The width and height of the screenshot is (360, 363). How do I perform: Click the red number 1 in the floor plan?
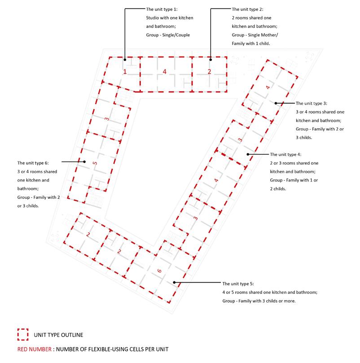[x=125, y=72]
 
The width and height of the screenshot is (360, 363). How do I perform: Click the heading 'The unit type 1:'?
[x=162, y=9]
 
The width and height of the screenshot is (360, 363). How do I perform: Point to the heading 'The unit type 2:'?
[x=248, y=9]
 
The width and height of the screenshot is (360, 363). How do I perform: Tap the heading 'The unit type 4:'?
[x=286, y=154]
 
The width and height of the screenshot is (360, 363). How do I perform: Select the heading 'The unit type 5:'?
[x=238, y=284]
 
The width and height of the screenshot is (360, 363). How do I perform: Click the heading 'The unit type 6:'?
[x=33, y=163]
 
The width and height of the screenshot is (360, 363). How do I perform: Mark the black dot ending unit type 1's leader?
[x=125, y=59]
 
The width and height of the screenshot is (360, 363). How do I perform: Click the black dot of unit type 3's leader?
[x=276, y=103]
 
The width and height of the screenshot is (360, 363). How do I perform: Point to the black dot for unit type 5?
[x=174, y=283]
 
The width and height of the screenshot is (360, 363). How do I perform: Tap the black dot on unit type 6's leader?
[x=84, y=162]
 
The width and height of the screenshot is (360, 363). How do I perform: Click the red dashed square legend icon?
[x=22, y=334]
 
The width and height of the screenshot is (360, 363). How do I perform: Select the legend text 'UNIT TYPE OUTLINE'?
[x=58, y=335]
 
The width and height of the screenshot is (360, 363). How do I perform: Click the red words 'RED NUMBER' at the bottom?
[x=34, y=349]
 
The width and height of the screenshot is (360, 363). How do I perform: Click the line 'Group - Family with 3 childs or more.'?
[x=259, y=301]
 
